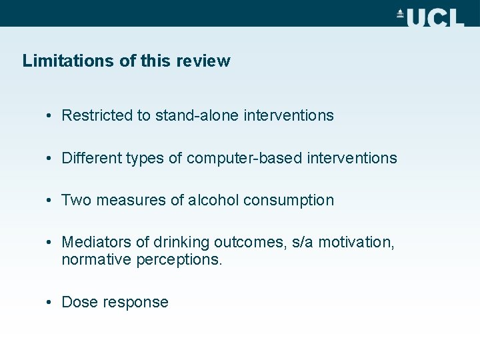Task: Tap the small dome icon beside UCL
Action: (x=401, y=13)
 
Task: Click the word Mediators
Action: (x=95, y=243)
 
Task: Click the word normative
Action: (x=96, y=259)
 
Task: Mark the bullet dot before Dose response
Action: (x=50, y=302)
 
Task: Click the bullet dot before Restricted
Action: (x=50, y=115)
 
